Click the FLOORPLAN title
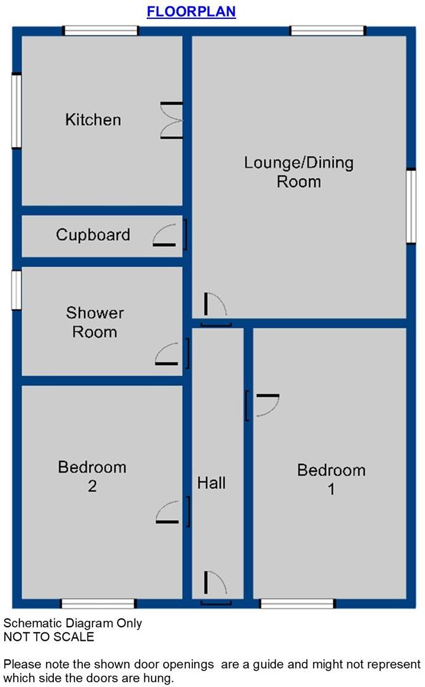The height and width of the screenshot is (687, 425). point(191,12)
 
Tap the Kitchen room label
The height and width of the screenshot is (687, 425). point(93,120)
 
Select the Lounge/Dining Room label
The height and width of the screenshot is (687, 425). point(299,172)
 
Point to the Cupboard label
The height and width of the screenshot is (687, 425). point(93,235)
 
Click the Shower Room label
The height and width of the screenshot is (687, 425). point(95,322)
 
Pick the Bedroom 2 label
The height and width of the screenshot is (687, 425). point(92,476)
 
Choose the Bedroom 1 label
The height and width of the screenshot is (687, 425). point(331,479)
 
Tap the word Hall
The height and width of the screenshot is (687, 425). point(211,483)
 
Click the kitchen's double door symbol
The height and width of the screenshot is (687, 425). point(172,121)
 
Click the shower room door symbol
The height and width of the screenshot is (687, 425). point(171,354)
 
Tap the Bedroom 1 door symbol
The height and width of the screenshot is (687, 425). point(262,406)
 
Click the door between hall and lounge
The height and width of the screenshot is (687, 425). point(215,309)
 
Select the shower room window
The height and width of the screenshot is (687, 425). point(17,289)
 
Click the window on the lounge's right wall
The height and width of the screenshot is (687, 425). point(411,206)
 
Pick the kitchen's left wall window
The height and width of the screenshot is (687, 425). point(17,111)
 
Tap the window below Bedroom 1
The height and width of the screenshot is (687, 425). point(298,604)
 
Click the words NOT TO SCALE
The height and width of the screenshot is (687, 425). point(49,637)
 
